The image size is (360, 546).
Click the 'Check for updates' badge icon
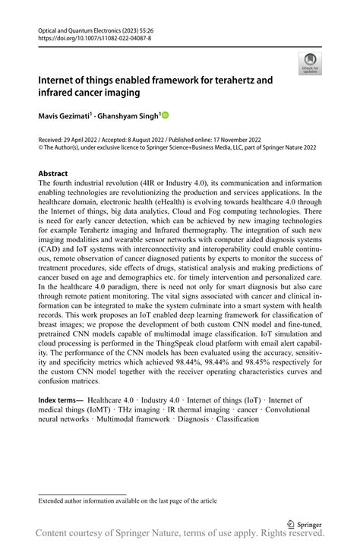pyautogui.click(x=310, y=63)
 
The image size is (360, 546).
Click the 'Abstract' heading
pyautogui.click(x=53, y=174)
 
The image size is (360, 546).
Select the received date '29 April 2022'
pyautogui.click(x=84, y=140)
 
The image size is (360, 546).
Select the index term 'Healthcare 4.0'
pyautogui.click(x=112, y=400)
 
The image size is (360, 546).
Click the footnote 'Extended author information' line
pyautogui.click(x=128, y=501)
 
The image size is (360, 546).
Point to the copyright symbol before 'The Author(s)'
pyautogui.click(x=41, y=148)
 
